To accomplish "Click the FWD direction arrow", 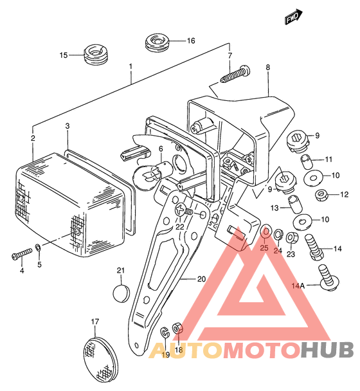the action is point(293,17).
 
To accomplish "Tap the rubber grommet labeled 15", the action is point(96,54).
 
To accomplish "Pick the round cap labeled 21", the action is point(122,293).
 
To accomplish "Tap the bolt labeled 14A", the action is point(328,278).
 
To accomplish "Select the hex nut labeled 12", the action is point(321,195).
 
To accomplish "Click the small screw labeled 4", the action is point(22,254).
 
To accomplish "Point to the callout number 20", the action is point(201,279).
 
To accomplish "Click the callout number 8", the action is point(267,68).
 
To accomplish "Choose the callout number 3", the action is point(67,126).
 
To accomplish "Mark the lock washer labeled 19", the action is point(165,331).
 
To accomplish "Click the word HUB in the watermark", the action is point(327,349).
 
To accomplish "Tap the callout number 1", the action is point(130,66).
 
